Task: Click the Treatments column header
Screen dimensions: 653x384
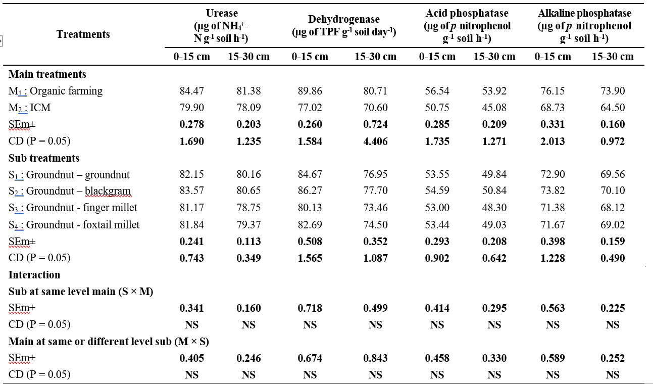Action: click(x=83, y=34)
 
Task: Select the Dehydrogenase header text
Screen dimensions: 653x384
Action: click(x=344, y=19)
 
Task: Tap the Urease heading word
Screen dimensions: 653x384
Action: click(x=222, y=13)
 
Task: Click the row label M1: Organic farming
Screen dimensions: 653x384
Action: click(x=56, y=91)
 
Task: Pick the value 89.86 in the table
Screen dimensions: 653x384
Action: click(x=310, y=91)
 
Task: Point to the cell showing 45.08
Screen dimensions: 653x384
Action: click(x=494, y=108)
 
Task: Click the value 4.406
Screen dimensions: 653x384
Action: click(x=375, y=141)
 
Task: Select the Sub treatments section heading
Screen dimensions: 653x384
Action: click(x=44, y=158)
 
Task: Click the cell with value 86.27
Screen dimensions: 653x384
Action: click(x=310, y=190)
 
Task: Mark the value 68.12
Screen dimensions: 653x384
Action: click(x=613, y=208)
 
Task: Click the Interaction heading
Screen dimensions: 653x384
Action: click(x=34, y=275)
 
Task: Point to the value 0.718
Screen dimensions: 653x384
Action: click(x=310, y=308)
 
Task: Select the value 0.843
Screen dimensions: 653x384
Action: click(x=375, y=358)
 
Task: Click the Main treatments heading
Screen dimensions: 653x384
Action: click(x=47, y=74)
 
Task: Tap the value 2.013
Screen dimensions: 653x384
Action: click(x=552, y=141)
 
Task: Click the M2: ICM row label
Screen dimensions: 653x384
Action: click(x=29, y=108)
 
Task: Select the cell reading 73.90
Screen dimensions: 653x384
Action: click(x=613, y=91)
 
